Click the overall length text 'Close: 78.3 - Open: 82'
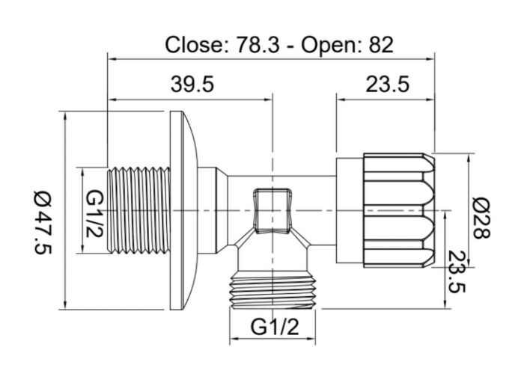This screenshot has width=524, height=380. click(x=278, y=44)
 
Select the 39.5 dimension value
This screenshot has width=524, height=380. click(x=192, y=85)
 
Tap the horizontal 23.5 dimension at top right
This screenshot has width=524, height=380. click(x=387, y=85)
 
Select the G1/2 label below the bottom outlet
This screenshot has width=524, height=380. click(x=274, y=326)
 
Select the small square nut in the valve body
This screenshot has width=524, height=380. click(x=270, y=210)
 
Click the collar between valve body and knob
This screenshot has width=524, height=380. click(x=349, y=210)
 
